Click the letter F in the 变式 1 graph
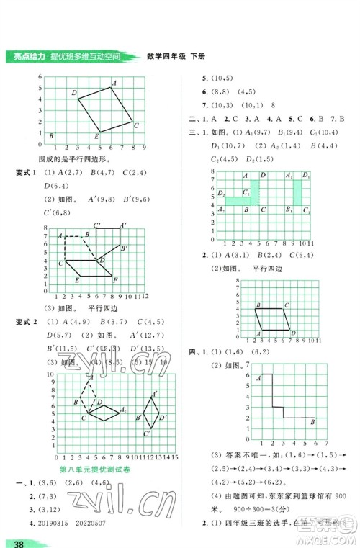point(115,280)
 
